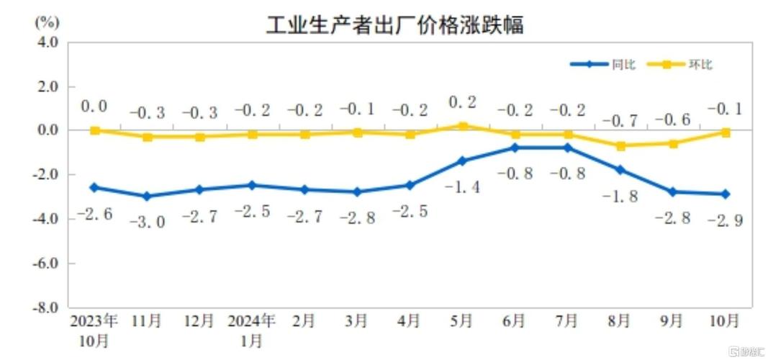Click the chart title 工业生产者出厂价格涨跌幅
point(394,25)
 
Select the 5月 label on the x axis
point(463,320)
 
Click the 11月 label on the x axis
point(147,320)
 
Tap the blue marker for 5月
point(463,161)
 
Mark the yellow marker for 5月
point(463,126)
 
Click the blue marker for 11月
point(147,196)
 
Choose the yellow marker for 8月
point(620,145)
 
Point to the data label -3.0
point(147,222)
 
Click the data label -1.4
point(463,187)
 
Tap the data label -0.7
point(620,119)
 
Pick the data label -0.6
point(673,119)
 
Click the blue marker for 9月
point(673,192)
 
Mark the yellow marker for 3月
point(358,132)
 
